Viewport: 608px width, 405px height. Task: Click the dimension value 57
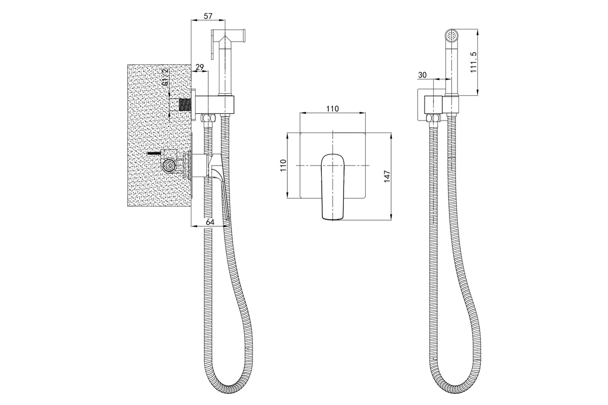coord(208,16)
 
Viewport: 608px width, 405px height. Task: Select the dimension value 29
coord(200,67)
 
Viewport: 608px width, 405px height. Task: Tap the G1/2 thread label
coord(165,78)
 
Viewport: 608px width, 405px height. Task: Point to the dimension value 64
coord(210,222)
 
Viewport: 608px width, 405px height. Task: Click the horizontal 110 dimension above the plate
coord(332,109)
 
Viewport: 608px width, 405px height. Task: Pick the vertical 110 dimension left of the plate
coord(283,165)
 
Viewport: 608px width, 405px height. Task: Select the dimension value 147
coord(387,176)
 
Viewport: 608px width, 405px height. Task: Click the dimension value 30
coord(422,75)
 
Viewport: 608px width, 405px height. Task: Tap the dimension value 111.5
coord(474,62)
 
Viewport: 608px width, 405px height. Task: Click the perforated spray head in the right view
coord(452,35)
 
